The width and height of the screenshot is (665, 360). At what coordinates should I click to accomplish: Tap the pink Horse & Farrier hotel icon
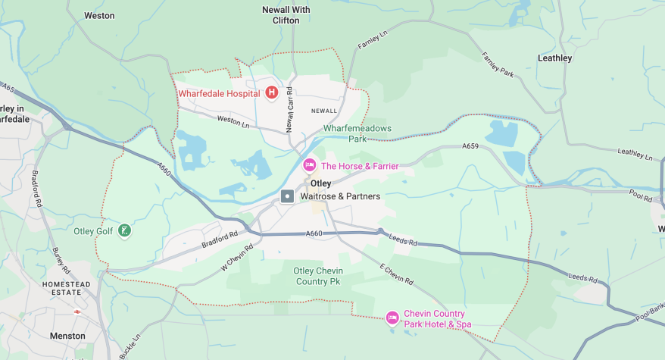click(309, 165)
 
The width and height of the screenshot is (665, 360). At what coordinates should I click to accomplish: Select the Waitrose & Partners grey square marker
click(288, 196)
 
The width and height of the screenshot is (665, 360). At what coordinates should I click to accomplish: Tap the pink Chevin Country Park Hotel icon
click(392, 318)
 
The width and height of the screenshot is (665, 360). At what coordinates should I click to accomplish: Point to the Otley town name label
click(320, 183)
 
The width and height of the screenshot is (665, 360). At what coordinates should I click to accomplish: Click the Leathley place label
click(554, 58)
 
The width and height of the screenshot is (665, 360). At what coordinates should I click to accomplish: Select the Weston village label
click(99, 15)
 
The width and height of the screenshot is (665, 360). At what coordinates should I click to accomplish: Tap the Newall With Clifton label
click(286, 15)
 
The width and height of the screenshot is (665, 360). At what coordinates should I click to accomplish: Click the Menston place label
click(67, 335)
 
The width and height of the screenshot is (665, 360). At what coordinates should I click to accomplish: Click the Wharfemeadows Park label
click(357, 133)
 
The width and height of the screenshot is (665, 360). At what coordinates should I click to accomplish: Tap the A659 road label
click(472, 147)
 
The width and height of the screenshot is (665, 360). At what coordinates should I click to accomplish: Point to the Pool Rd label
click(640, 196)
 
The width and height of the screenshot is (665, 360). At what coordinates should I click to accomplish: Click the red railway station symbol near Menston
click(77, 311)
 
